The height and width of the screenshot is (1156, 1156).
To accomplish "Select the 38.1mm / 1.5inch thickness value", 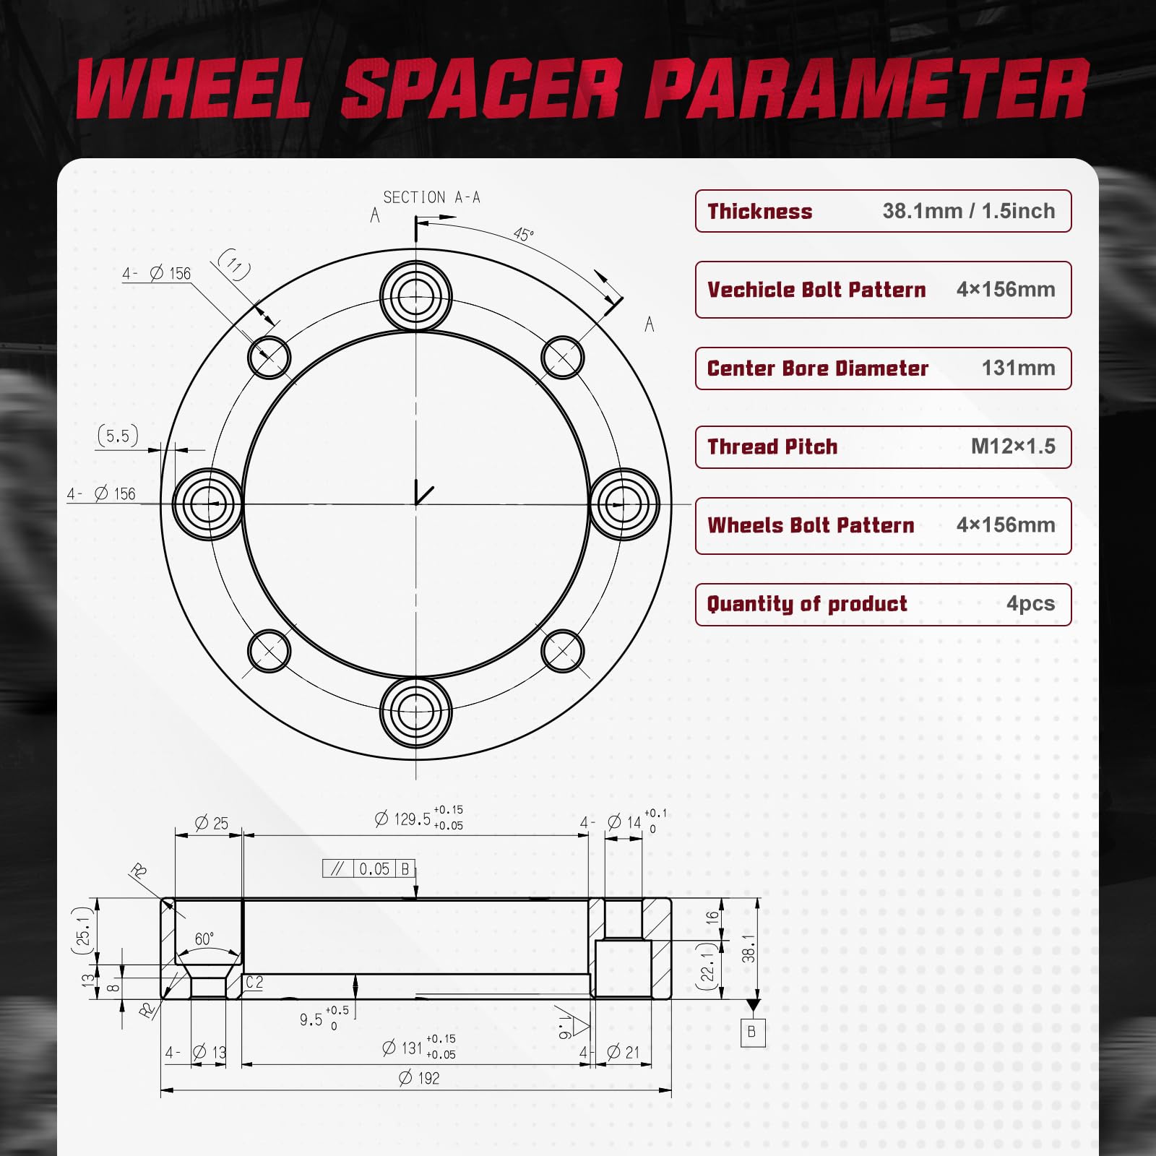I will click(x=968, y=211).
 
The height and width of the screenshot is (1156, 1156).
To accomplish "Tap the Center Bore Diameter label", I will click(x=817, y=368).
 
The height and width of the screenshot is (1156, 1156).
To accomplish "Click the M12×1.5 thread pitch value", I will click(x=1012, y=447).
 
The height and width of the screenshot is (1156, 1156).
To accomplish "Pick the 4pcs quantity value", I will click(x=1030, y=604).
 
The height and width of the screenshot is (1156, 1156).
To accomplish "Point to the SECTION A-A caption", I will click(x=431, y=197).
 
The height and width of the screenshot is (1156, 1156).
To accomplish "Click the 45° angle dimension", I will click(x=523, y=234).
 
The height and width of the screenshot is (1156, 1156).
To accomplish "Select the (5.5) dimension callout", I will click(x=118, y=436).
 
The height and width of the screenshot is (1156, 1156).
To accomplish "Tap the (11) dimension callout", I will click(x=235, y=264).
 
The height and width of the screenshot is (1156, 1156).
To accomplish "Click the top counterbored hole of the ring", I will click(x=415, y=296).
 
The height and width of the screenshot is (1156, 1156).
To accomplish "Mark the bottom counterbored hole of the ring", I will click(x=415, y=712).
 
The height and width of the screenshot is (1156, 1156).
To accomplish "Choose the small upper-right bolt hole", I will click(x=562, y=358).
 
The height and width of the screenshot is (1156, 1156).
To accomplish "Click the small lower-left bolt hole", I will click(x=269, y=650).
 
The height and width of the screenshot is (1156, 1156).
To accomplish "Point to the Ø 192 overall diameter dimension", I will click(x=419, y=1078).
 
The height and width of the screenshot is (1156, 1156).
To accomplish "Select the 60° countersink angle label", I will click(x=204, y=939).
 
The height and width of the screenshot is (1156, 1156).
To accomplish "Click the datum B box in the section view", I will click(x=752, y=1032).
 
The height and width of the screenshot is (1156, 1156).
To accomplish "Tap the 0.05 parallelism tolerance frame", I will click(x=368, y=868).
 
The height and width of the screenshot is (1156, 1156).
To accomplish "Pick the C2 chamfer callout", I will click(x=254, y=983).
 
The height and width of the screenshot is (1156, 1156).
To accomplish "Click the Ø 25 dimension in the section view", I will click(x=211, y=823).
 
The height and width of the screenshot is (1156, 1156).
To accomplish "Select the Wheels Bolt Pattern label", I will click(x=811, y=525).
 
